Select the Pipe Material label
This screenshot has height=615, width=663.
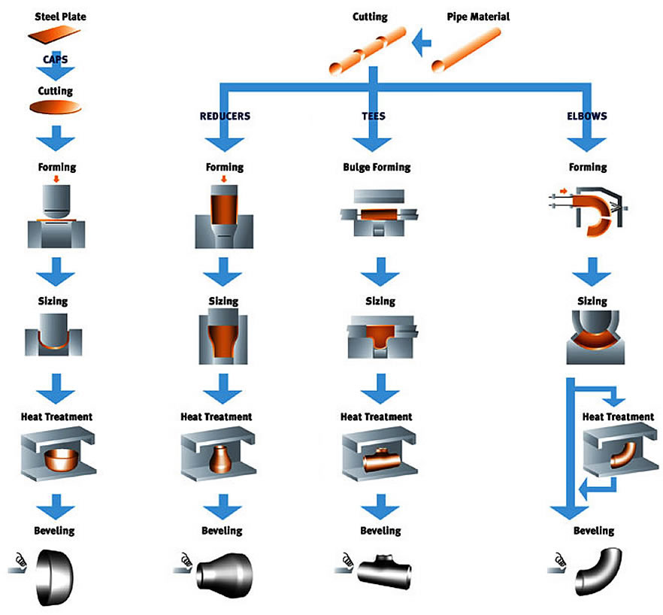pos(478,16)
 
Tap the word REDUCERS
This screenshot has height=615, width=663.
pos(225,117)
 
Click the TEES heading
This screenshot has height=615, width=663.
pos(374,117)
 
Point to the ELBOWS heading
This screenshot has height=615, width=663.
pos(587,117)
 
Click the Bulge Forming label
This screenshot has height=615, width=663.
pos(376,167)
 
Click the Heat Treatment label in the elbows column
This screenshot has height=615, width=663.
pos(618,417)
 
